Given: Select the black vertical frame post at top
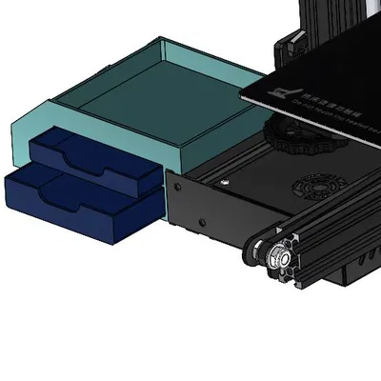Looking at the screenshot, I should [329, 24].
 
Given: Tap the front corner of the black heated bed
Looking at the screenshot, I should [245, 96].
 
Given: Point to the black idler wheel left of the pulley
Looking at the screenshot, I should [255, 252].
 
